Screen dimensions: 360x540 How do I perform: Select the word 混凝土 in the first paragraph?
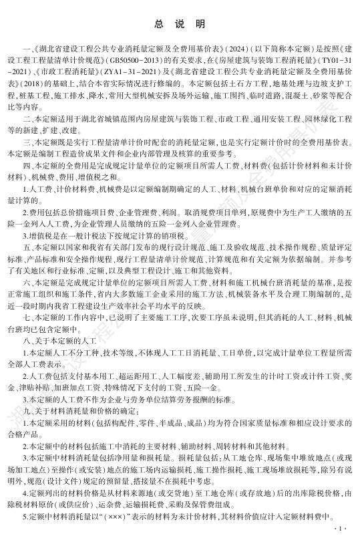click(299, 96)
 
